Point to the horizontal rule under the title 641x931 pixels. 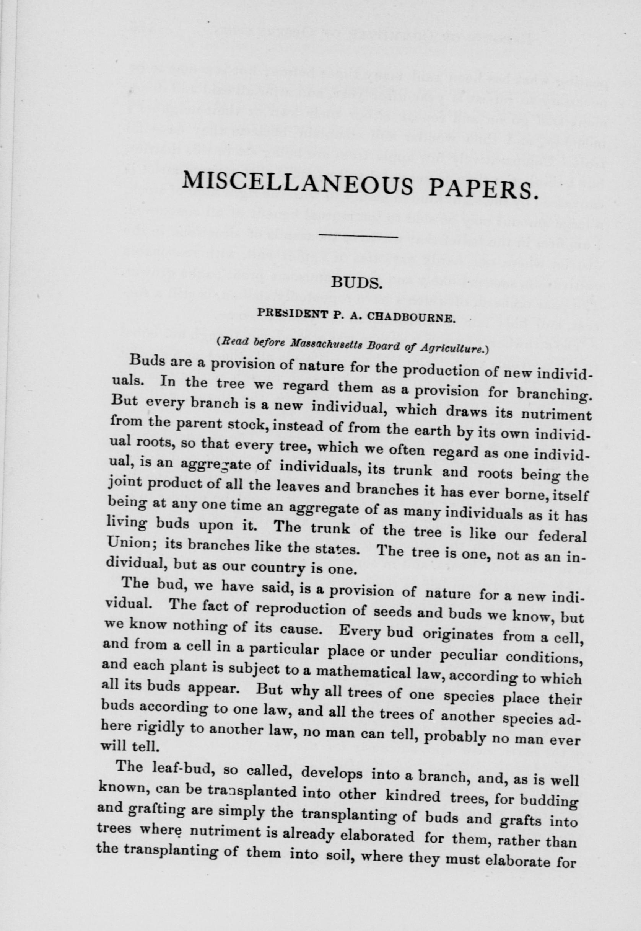(358, 236)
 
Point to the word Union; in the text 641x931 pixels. (128, 545)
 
